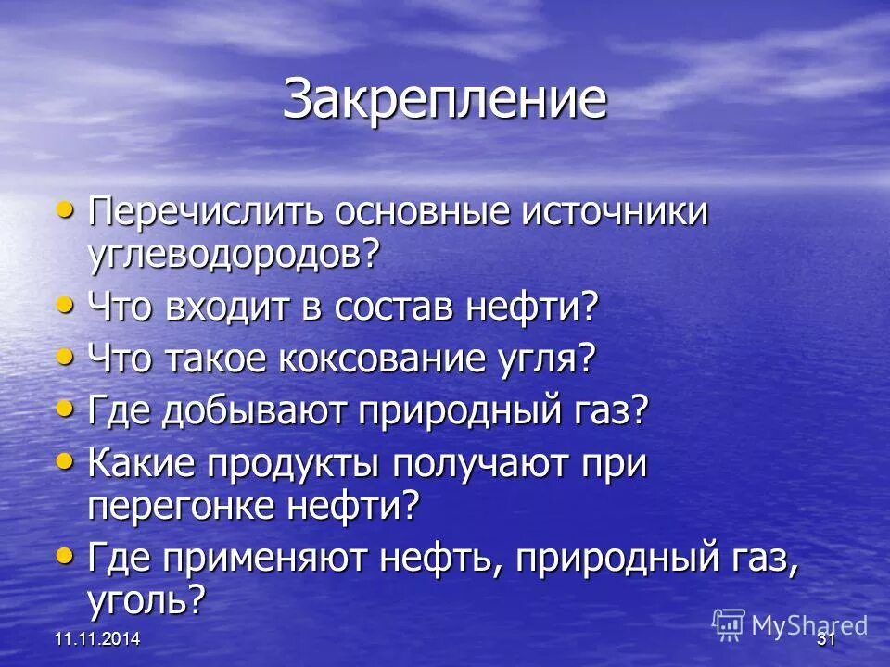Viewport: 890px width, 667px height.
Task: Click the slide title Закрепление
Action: click(445, 99)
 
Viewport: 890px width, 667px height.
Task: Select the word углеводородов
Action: click(235, 253)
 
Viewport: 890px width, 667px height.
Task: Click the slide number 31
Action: click(826, 640)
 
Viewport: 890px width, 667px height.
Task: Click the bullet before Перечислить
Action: click(64, 210)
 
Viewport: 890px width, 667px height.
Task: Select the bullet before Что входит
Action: click(64, 305)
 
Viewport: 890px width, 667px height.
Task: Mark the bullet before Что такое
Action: click(64, 356)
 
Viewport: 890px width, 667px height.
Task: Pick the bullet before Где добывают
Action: click(64, 408)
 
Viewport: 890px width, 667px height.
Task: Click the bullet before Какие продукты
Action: click(64, 460)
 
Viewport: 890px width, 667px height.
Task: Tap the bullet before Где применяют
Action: click(64, 555)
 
